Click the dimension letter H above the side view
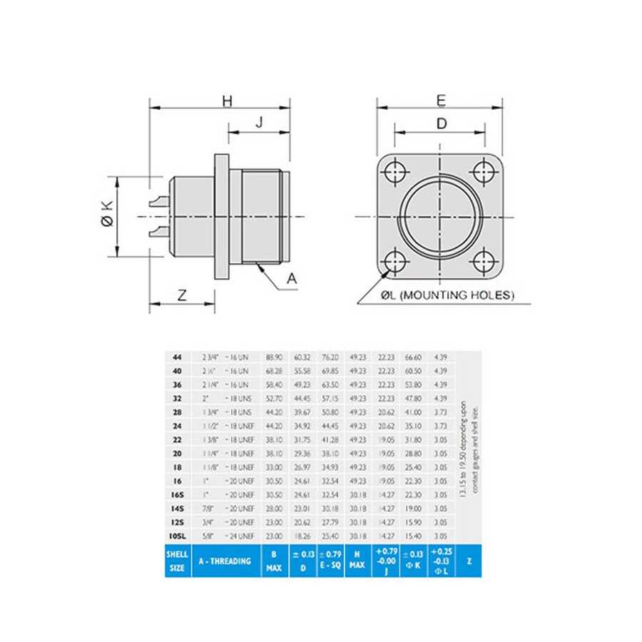pyautogui.click(x=227, y=102)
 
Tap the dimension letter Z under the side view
pyautogui.click(x=182, y=295)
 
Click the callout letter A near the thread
pyautogui.click(x=291, y=279)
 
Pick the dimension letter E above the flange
pyautogui.click(x=441, y=101)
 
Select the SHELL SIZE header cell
pyautogui.click(x=178, y=561)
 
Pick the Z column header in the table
pyautogui.click(x=468, y=561)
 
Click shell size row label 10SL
pyautogui.click(x=178, y=536)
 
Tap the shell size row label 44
pyautogui.click(x=178, y=357)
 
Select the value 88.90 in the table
pyautogui.click(x=273, y=357)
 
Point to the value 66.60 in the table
pyautogui.click(x=414, y=357)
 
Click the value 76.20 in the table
pyautogui.click(x=330, y=357)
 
